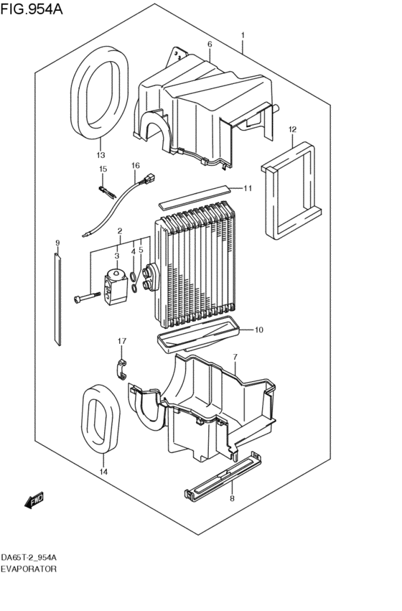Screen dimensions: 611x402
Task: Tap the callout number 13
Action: pyautogui.click(x=100, y=155)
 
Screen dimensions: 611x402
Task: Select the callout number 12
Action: pyautogui.click(x=292, y=129)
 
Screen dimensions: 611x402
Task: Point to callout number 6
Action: pyautogui.click(x=210, y=45)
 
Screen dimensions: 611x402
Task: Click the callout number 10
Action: pyautogui.click(x=259, y=330)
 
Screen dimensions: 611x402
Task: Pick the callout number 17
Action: pyautogui.click(x=122, y=340)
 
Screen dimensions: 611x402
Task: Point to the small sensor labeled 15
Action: pyautogui.click(x=106, y=190)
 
